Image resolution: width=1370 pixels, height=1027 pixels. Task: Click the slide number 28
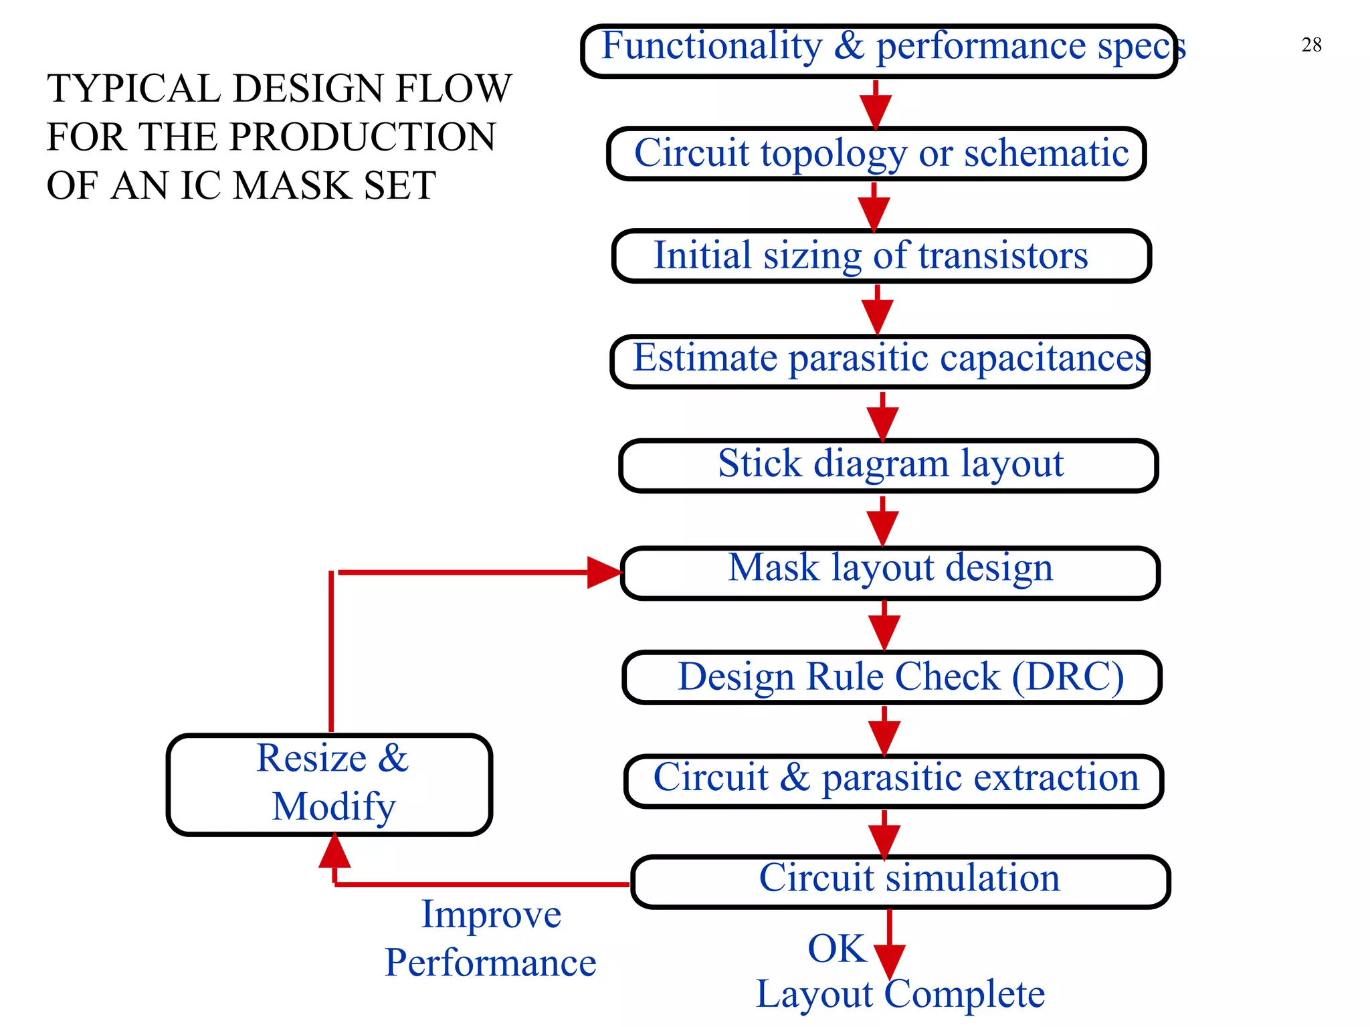coord(1311,45)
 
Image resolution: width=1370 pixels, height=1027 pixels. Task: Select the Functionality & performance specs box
coord(879,51)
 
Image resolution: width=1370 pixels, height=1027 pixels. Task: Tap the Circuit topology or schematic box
coord(877,153)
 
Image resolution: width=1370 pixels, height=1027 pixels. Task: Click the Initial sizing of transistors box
coord(882,256)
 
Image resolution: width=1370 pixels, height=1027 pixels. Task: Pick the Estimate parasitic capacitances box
coord(880,361)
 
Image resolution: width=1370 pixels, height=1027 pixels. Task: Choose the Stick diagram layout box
coord(888,465)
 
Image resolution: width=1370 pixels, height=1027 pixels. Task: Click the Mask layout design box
coord(890,572)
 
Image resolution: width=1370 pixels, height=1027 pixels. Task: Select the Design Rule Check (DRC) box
coord(892,677)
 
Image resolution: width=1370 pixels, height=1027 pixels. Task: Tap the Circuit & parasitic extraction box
coord(894,780)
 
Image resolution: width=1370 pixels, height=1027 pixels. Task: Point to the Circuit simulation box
coord(900,881)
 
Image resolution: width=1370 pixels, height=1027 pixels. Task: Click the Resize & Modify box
coord(330,784)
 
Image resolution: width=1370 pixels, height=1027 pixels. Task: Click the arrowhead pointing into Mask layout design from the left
coord(603,572)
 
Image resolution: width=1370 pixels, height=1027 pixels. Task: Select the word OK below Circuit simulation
coord(836,949)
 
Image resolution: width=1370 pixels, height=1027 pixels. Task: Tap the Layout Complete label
coord(900,994)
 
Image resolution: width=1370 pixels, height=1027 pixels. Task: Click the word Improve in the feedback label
coord(491,915)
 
